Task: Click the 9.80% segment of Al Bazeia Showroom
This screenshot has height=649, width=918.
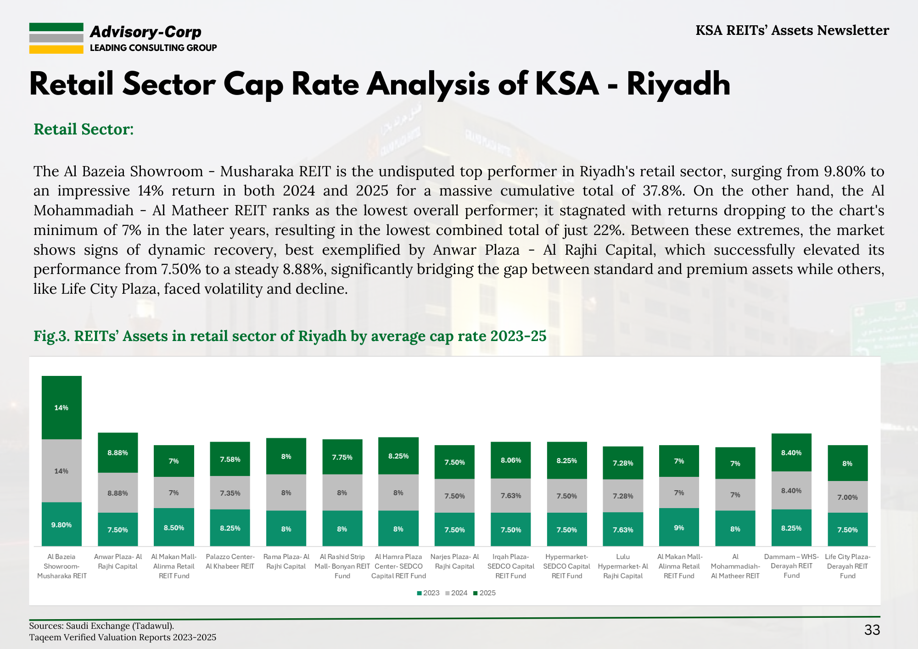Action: point(62,524)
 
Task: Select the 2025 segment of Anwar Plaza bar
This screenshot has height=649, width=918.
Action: point(118,453)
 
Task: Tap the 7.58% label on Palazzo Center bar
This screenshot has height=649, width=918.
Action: point(230,459)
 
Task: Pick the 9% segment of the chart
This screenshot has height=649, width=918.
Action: point(679,527)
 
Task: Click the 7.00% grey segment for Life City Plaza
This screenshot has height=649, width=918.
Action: point(847,497)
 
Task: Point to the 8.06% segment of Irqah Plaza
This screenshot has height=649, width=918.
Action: point(511,460)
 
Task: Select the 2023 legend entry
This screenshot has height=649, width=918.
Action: point(428,593)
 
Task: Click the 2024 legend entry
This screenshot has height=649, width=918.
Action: point(456,593)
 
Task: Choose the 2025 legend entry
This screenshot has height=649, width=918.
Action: point(485,593)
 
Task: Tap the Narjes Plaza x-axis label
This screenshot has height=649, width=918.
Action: point(454,561)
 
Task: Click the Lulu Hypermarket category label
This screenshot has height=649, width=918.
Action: point(623,566)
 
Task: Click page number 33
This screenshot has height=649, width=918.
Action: point(872,630)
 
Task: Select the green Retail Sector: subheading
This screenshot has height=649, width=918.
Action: point(84,129)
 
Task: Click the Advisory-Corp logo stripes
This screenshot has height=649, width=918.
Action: point(56,39)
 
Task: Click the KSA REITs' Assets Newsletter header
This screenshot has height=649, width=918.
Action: point(792,30)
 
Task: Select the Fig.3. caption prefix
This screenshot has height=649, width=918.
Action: point(51,336)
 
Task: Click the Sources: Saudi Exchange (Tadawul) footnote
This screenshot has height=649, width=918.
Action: point(101,626)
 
